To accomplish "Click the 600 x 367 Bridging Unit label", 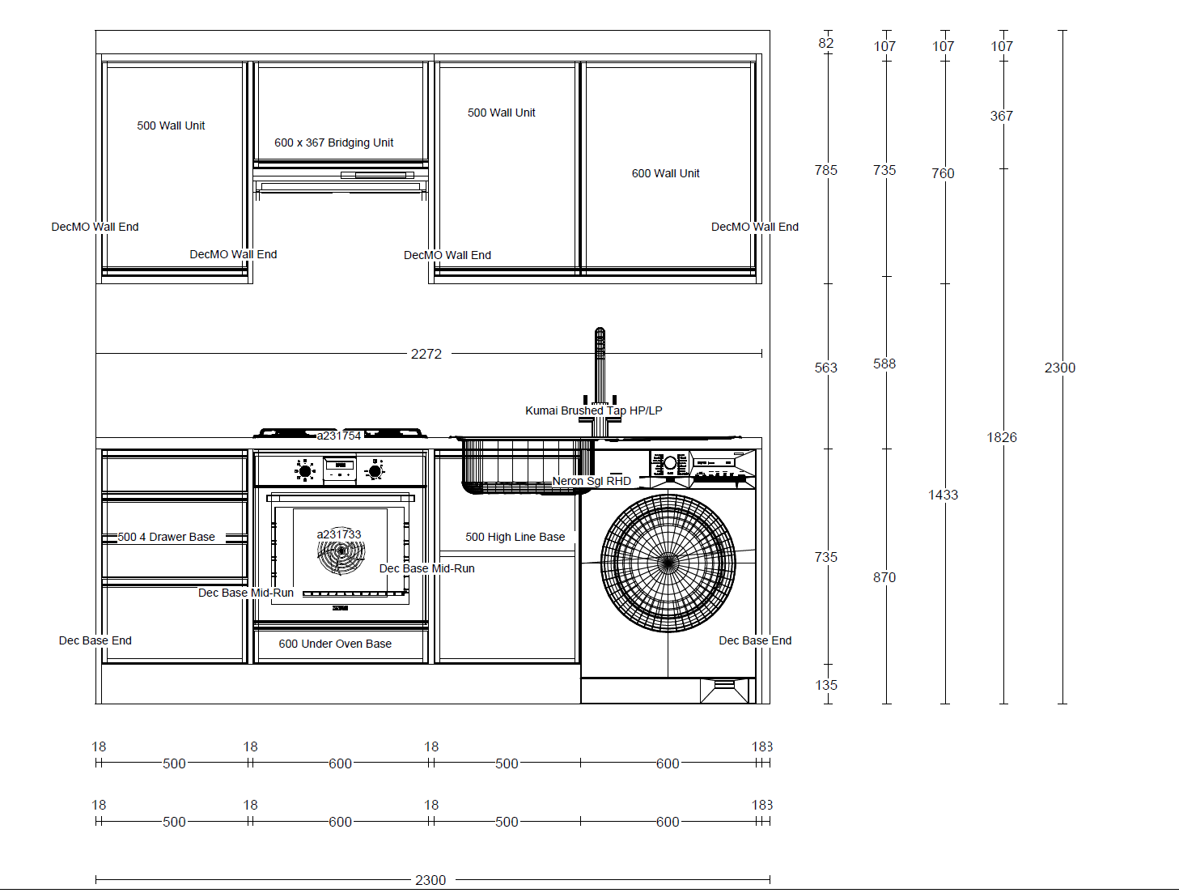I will pos(333,142).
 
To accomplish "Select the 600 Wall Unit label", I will pos(665,173).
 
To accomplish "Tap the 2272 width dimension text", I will pos(426,354).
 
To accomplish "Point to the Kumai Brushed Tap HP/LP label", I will pos(593,410).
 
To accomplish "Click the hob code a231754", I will pos(338,436).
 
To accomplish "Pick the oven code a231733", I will pos(338,534).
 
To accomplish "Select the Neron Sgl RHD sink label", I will pos(592,481).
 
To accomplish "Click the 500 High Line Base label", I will pos(515,537).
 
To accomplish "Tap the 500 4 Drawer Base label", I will pos(166,537).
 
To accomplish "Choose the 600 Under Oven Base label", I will pos(335,644).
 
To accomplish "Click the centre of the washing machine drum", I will pos(668,563).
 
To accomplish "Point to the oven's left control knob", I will pos(305,470).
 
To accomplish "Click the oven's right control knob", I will pos(375,470).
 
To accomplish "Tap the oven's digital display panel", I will pos(340,466).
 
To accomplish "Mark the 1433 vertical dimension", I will pos(943,495).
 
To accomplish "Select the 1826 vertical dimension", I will pos(1001,437).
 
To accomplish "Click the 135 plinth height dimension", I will pos(825,685).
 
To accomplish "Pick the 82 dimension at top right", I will pos(825,43).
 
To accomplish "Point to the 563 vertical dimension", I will pos(825,368).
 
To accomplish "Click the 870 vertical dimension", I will pos(884,577).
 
